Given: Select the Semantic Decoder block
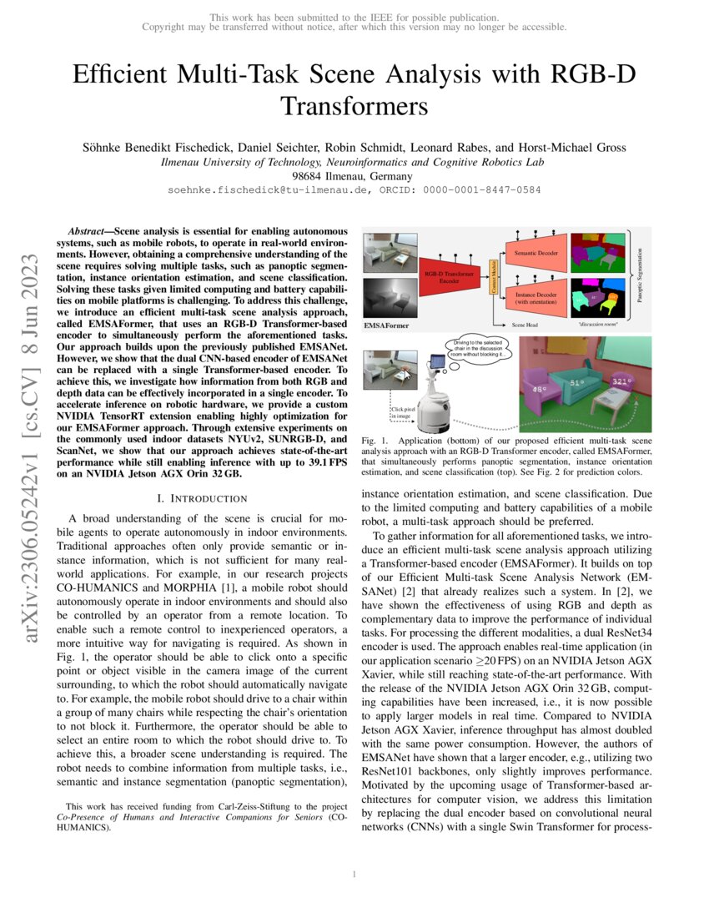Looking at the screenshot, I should point(536,251).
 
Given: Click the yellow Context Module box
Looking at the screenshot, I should point(492,275).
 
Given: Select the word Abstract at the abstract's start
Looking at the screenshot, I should point(88,228).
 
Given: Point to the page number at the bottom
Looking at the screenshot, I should point(354,874).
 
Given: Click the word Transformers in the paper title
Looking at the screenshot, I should point(354,107).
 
